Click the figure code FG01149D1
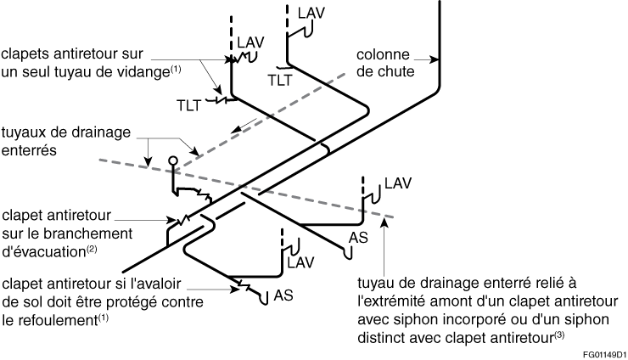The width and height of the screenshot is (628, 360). click(605, 355)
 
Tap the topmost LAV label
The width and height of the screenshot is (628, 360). click(311, 14)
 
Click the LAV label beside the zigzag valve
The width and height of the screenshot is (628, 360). click(250, 42)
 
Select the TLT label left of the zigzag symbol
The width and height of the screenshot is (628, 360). click(188, 105)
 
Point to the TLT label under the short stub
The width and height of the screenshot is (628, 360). click(280, 80)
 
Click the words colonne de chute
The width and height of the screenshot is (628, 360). click(385, 63)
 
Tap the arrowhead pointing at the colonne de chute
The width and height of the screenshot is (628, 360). click(435, 59)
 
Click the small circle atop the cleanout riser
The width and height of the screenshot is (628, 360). click(173, 160)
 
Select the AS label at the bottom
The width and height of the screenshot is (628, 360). click(283, 295)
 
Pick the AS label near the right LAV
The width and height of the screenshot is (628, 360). click(358, 238)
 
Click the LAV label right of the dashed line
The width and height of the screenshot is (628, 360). click(398, 183)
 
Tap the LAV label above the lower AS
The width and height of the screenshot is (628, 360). click(300, 263)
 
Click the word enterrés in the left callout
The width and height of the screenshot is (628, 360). click(29, 150)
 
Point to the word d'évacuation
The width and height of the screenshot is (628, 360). click(44, 252)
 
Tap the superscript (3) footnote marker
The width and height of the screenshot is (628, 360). click(559, 335)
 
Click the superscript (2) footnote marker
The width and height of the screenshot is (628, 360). click(92, 249)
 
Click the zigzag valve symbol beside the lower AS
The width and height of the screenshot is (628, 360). click(244, 286)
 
